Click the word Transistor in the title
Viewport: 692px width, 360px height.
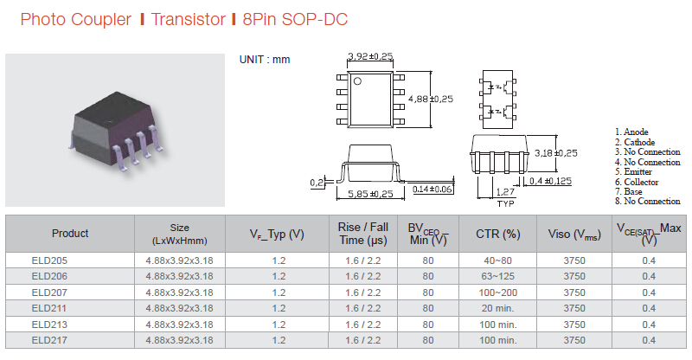point(188,19)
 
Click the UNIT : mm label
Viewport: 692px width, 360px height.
point(265,60)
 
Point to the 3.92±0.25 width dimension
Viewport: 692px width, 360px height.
point(370,56)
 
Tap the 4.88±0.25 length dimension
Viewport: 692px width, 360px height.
point(431,99)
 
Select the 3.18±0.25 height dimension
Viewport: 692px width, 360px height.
point(555,153)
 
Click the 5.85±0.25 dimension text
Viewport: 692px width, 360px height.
point(370,194)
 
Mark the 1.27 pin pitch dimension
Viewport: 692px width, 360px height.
point(505,192)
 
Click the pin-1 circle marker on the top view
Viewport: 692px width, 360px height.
point(357,81)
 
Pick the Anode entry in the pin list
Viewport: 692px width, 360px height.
point(631,132)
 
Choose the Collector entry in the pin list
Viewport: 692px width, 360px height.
point(637,182)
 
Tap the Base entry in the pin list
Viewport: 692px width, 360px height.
point(629,192)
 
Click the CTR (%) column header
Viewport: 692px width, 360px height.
point(498,234)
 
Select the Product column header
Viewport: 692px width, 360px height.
point(70,234)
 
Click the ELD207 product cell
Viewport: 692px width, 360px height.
point(49,292)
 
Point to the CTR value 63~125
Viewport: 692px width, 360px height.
point(498,277)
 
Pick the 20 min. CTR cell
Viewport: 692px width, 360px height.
point(498,308)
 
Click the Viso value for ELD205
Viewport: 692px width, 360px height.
point(574,260)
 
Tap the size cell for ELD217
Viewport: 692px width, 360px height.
point(180,341)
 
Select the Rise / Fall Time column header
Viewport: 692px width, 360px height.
point(363,234)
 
